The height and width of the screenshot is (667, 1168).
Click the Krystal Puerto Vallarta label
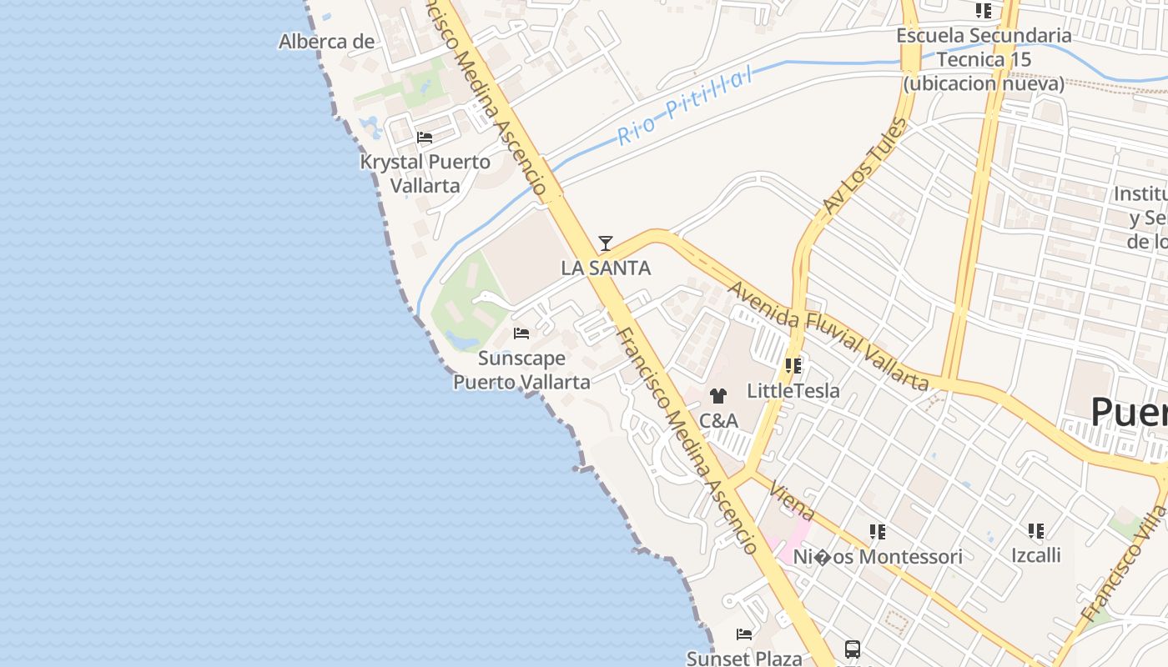click(x=425, y=173)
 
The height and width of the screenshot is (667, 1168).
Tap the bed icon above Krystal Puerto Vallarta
click(x=425, y=138)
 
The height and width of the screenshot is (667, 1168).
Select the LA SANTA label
click(x=606, y=268)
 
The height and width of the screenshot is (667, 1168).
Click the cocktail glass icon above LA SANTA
click(x=606, y=243)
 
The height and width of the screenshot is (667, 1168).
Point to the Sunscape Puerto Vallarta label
click(x=521, y=370)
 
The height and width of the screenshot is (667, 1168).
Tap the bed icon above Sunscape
click(x=521, y=333)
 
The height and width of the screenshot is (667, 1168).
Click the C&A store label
click(x=718, y=420)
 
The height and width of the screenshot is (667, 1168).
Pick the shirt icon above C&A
click(x=718, y=396)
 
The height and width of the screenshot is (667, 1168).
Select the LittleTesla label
click(x=793, y=390)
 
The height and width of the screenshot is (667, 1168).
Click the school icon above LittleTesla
click(x=793, y=365)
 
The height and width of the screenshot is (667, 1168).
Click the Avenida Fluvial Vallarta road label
click(x=828, y=336)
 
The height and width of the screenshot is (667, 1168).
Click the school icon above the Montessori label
click(x=877, y=531)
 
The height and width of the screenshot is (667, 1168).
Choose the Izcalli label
click(x=1036, y=555)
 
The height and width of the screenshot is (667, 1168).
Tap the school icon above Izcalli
click(x=1036, y=530)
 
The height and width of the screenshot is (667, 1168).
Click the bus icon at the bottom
click(x=852, y=649)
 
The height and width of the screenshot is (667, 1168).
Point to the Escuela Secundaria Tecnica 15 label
click(x=984, y=59)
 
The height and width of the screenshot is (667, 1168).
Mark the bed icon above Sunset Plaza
click(x=744, y=634)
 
